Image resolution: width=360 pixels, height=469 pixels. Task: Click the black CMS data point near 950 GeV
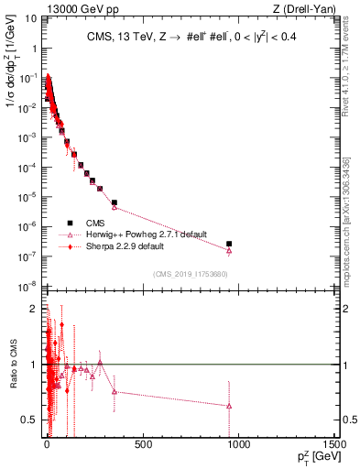pos(229,244)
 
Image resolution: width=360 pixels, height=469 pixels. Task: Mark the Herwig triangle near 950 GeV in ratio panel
pos(229,405)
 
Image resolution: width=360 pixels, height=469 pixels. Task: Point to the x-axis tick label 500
pos(142,444)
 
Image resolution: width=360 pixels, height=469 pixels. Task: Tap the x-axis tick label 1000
pos(238,444)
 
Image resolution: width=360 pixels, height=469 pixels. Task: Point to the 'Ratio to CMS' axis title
pos(12,365)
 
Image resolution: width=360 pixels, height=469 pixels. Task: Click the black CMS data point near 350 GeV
pos(115,202)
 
